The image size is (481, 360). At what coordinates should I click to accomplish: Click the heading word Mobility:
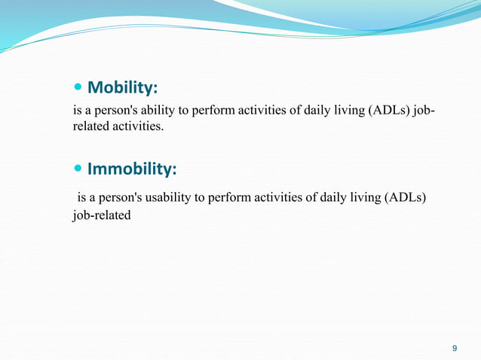click(123, 89)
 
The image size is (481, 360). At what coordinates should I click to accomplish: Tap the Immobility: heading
click(132, 169)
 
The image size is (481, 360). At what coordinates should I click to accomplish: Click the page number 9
click(453, 348)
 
